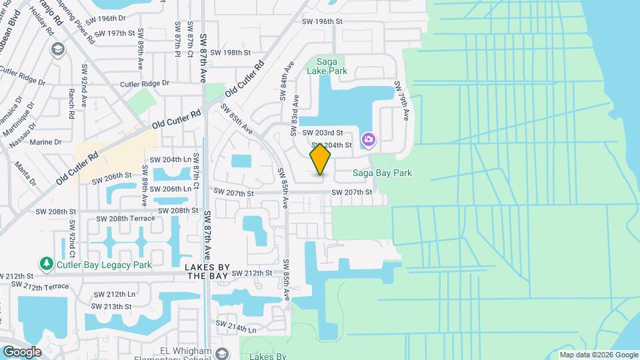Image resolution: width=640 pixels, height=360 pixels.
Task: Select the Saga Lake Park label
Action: click(327, 65)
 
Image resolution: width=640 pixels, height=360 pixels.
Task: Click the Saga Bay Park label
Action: click(382, 173)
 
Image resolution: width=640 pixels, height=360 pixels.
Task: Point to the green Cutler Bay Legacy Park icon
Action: click(47, 265)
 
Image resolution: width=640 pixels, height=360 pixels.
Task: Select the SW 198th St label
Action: click(231, 52)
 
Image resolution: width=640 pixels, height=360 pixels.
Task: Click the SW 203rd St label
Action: click(323, 133)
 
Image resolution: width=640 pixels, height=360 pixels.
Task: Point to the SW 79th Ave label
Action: click(401, 101)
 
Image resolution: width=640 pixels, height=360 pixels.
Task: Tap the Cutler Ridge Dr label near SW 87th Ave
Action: click(145, 84)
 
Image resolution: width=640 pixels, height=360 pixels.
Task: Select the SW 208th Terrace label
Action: click(125, 219)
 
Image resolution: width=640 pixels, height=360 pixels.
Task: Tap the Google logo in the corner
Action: click(22, 352)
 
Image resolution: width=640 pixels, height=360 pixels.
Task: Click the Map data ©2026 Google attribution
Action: click(598, 355)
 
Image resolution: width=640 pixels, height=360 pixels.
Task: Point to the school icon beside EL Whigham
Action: click(222, 353)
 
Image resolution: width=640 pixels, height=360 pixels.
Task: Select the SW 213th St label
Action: click(113, 307)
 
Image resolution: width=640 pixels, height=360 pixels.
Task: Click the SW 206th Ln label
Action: click(173, 189)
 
